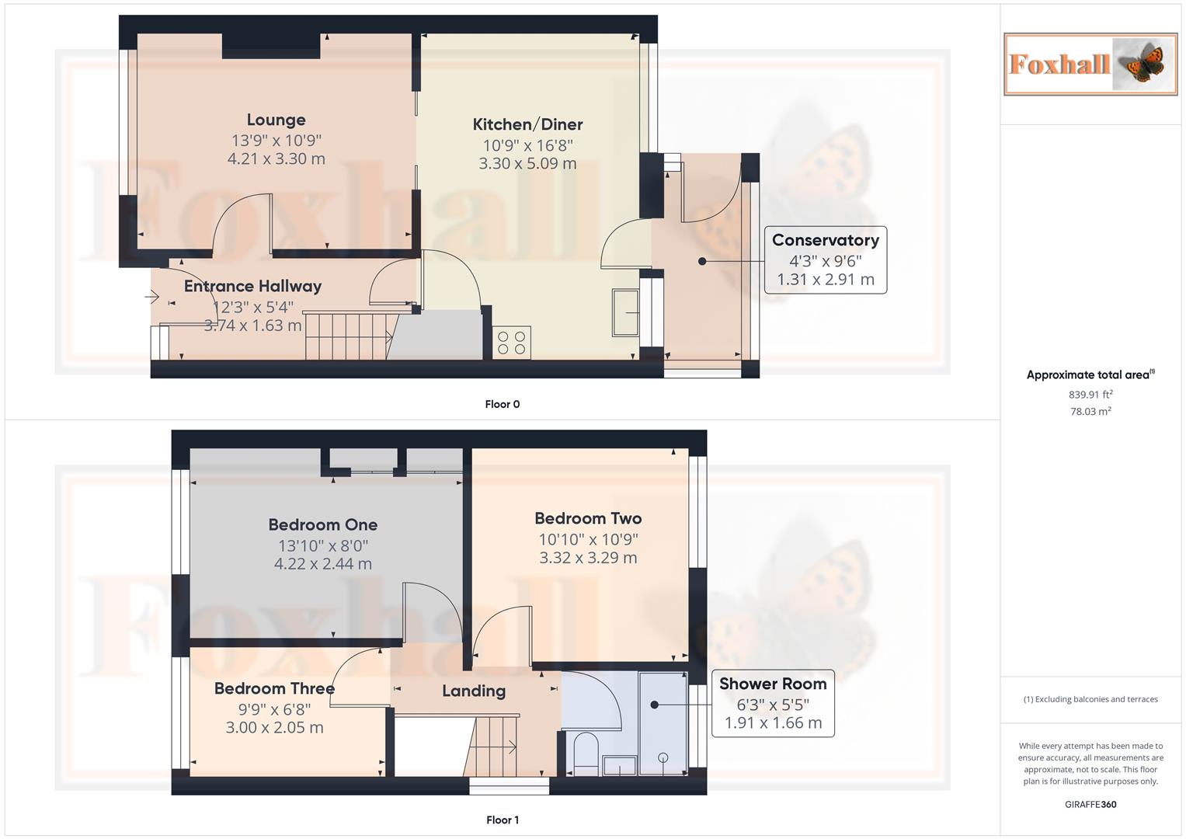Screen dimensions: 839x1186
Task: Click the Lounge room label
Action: tap(276, 120)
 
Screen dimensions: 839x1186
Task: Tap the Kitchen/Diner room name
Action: tap(527, 124)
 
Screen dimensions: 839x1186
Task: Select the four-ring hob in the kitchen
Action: tap(512, 343)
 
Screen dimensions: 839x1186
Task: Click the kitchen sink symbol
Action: tap(625, 313)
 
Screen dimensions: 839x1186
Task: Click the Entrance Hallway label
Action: tap(252, 286)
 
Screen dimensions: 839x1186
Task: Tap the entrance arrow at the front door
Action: tap(151, 297)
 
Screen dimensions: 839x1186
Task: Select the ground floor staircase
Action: tap(346, 336)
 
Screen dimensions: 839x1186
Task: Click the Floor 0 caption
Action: tap(502, 404)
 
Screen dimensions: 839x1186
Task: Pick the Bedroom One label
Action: tap(322, 525)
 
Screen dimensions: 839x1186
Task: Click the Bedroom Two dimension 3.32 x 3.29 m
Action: tap(588, 558)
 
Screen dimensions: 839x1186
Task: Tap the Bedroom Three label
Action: tap(274, 688)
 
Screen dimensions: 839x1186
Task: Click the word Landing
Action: tap(474, 691)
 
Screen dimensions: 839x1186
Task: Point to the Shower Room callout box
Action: tap(772, 703)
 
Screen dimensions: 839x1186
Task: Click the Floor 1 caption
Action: tap(502, 820)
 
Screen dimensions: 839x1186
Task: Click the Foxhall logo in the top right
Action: tap(1090, 64)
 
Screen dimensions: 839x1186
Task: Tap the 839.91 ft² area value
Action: tap(1090, 395)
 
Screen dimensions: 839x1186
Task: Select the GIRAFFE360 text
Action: tap(1090, 804)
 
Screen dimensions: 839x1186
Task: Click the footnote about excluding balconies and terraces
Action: tap(1090, 699)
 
